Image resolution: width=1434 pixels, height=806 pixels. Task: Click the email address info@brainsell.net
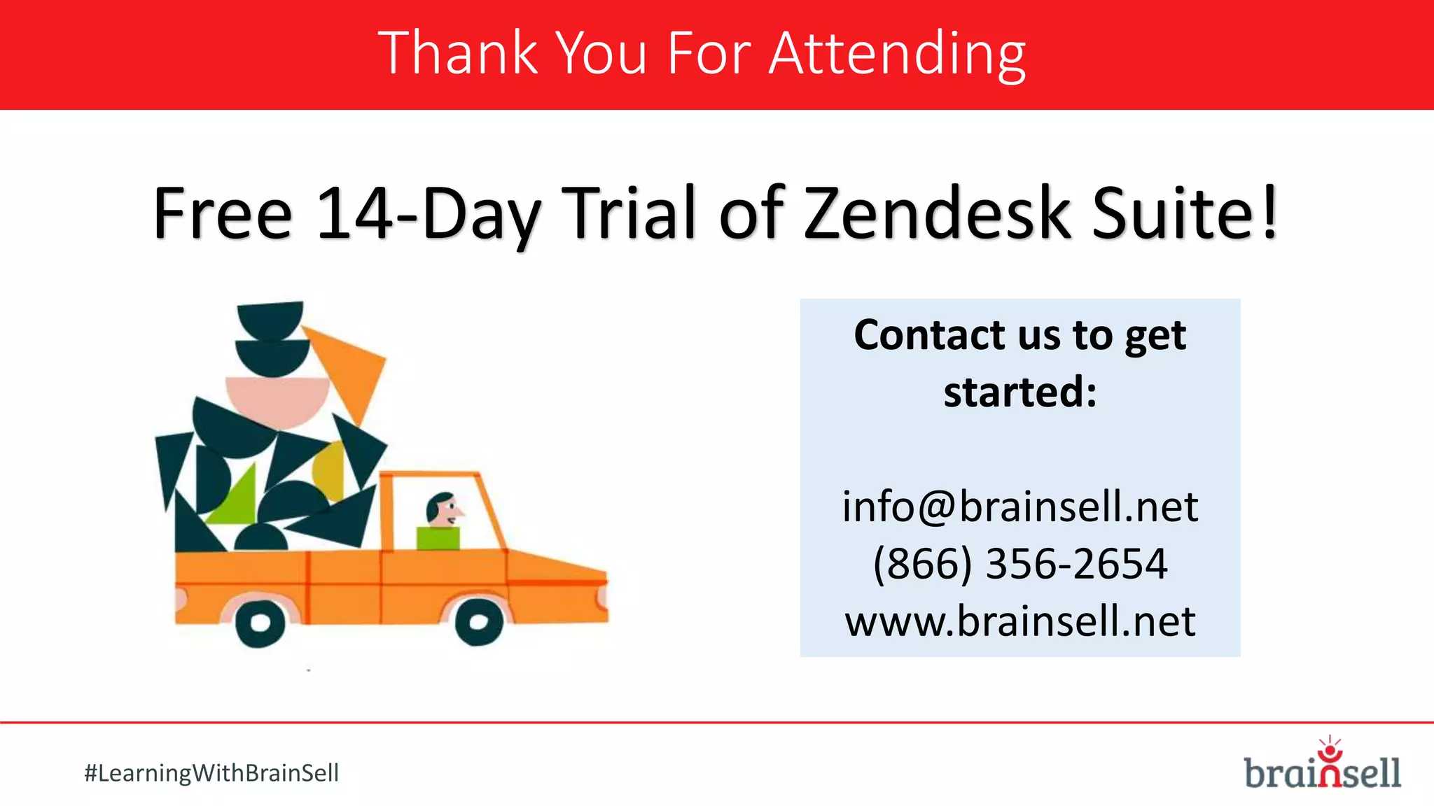pyautogui.click(x=1019, y=507)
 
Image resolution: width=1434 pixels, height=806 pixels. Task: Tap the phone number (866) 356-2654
pyautogui.click(x=1019, y=564)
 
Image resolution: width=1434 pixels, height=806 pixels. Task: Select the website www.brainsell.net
pyautogui.click(x=1019, y=621)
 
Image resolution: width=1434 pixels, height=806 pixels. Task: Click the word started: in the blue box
pyautogui.click(x=1019, y=393)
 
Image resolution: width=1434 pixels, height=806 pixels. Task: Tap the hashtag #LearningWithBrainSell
pyautogui.click(x=211, y=773)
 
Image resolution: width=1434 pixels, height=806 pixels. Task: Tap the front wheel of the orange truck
pyautogui.click(x=479, y=621)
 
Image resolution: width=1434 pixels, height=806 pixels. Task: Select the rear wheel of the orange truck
pyautogui.click(x=260, y=622)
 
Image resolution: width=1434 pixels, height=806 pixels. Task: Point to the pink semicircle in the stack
pyautogui.click(x=278, y=399)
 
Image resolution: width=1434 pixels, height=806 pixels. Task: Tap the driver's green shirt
pyautogui.click(x=438, y=539)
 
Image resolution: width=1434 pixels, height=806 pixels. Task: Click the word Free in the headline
pyautogui.click(x=222, y=213)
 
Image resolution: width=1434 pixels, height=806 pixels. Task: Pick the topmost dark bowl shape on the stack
pyautogui.click(x=270, y=318)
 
